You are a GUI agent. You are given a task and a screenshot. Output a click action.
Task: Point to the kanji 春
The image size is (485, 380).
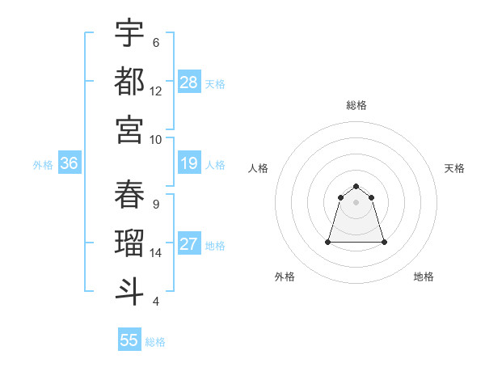pyautogui.click(x=129, y=195)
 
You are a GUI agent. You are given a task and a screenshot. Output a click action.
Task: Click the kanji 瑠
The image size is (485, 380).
pyautogui.click(x=129, y=243)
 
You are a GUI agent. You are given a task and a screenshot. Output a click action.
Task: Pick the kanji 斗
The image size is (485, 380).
pyautogui.click(x=129, y=291)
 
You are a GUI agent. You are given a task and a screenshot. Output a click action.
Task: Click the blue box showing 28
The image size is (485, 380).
pyautogui.click(x=189, y=82)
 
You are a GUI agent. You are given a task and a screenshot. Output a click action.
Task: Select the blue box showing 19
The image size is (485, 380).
pyautogui.click(x=189, y=163)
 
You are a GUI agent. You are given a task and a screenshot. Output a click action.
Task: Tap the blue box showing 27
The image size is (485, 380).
pyautogui.click(x=189, y=244)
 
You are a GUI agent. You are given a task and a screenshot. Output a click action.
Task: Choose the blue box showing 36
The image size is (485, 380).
pyautogui.click(x=69, y=163)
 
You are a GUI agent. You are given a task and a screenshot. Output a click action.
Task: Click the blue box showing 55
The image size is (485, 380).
pyautogui.click(x=129, y=340)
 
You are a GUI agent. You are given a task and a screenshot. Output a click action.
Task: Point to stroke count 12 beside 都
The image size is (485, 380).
pyautogui.click(x=156, y=91)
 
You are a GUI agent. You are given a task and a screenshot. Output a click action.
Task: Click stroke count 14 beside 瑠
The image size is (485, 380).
pyautogui.click(x=156, y=253)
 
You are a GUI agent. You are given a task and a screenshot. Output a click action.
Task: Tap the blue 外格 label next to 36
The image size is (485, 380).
pyautogui.click(x=43, y=164)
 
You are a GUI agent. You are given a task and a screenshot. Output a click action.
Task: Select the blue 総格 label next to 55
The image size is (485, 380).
pyautogui.click(x=155, y=341)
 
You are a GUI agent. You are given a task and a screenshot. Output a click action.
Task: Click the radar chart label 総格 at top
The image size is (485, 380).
pyautogui.click(x=356, y=105)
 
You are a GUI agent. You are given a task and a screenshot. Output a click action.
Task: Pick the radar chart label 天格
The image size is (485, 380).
pyautogui.click(x=454, y=168)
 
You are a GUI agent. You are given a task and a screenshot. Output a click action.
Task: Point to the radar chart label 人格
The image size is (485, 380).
pyautogui.click(x=258, y=168)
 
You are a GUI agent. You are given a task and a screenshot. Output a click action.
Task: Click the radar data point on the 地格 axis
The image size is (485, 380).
pyautogui.click(x=383, y=242)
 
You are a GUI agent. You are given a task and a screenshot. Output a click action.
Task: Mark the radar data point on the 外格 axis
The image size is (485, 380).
pyautogui.click(x=328, y=242)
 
